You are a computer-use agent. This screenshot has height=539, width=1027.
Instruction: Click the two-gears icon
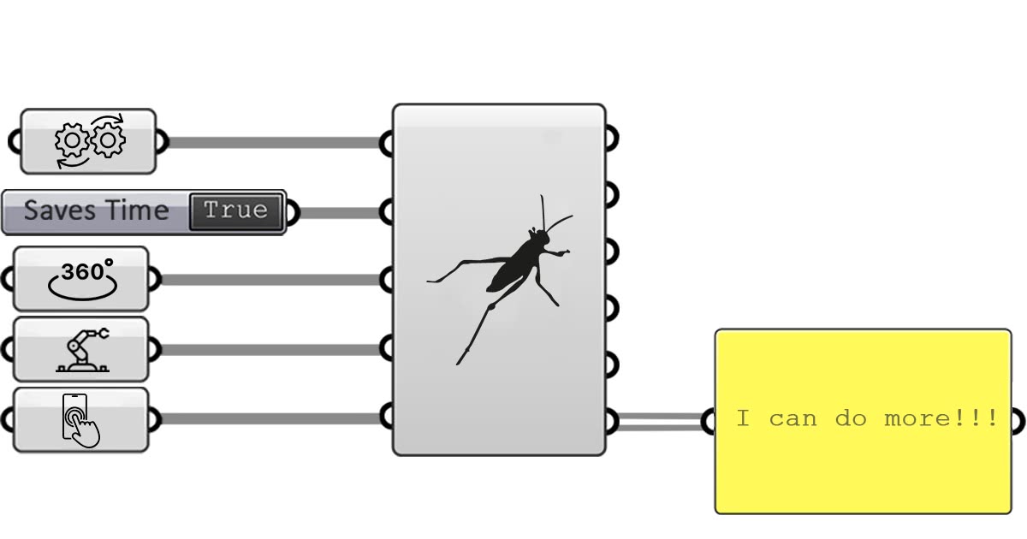tap(90, 140)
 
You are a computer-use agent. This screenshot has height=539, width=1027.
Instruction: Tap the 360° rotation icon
tap(81, 280)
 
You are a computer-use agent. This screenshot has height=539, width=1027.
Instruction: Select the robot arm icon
tap(82, 349)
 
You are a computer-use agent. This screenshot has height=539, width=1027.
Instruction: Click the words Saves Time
tap(96, 210)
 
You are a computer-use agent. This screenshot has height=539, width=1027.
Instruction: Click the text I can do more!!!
tap(866, 419)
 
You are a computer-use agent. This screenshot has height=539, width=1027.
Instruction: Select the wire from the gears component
tap(274, 142)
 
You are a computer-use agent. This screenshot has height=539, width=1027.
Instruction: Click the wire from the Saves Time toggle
tap(338, 211)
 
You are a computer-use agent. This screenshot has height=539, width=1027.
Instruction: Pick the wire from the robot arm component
tap(270, 349)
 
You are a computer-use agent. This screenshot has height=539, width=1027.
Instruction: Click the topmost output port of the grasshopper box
tap(611, 137)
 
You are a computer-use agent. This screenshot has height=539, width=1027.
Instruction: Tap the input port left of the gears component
tap(15, 141)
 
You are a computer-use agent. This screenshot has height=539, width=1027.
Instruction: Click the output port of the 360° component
tap(153, 279)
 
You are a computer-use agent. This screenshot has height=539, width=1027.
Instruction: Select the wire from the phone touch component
tap(270, 418)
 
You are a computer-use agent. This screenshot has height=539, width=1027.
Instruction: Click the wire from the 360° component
tap(270, 280)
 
